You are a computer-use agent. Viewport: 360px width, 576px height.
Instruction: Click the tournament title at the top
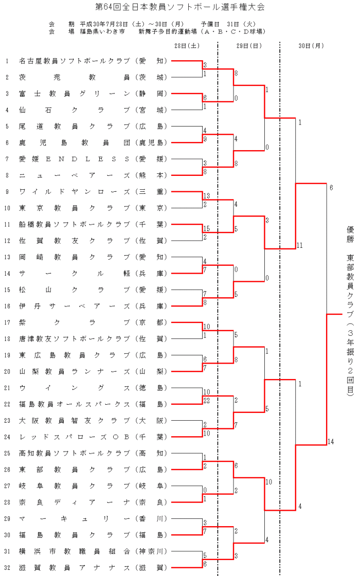180,7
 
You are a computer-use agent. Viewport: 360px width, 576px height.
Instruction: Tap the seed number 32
7,567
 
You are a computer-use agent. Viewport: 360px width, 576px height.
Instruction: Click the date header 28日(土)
187,46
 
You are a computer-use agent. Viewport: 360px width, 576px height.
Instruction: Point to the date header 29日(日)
249,46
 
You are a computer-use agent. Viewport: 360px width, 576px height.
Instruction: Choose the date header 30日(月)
311,46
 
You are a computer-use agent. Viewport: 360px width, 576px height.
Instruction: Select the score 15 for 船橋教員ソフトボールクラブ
207,228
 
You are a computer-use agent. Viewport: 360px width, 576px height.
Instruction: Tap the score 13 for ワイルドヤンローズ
207,196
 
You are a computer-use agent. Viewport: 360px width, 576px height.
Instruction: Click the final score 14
331,442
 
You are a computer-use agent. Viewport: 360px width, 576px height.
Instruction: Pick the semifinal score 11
300,245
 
